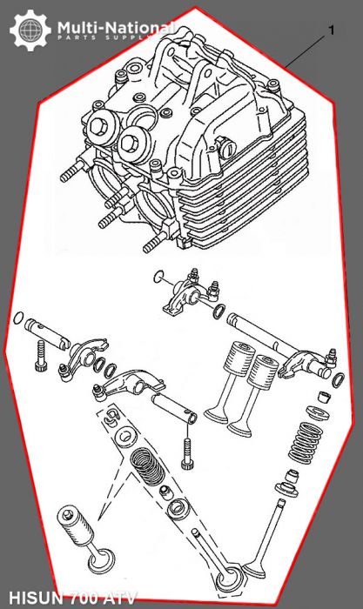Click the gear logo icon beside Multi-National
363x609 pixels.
[29, 30]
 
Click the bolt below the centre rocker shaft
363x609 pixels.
[185, 447]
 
